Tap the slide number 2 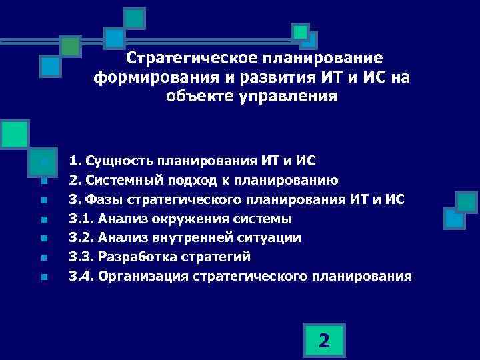click(323, 341)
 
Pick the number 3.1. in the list click(81, 219)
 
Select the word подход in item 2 click(186, 180)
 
